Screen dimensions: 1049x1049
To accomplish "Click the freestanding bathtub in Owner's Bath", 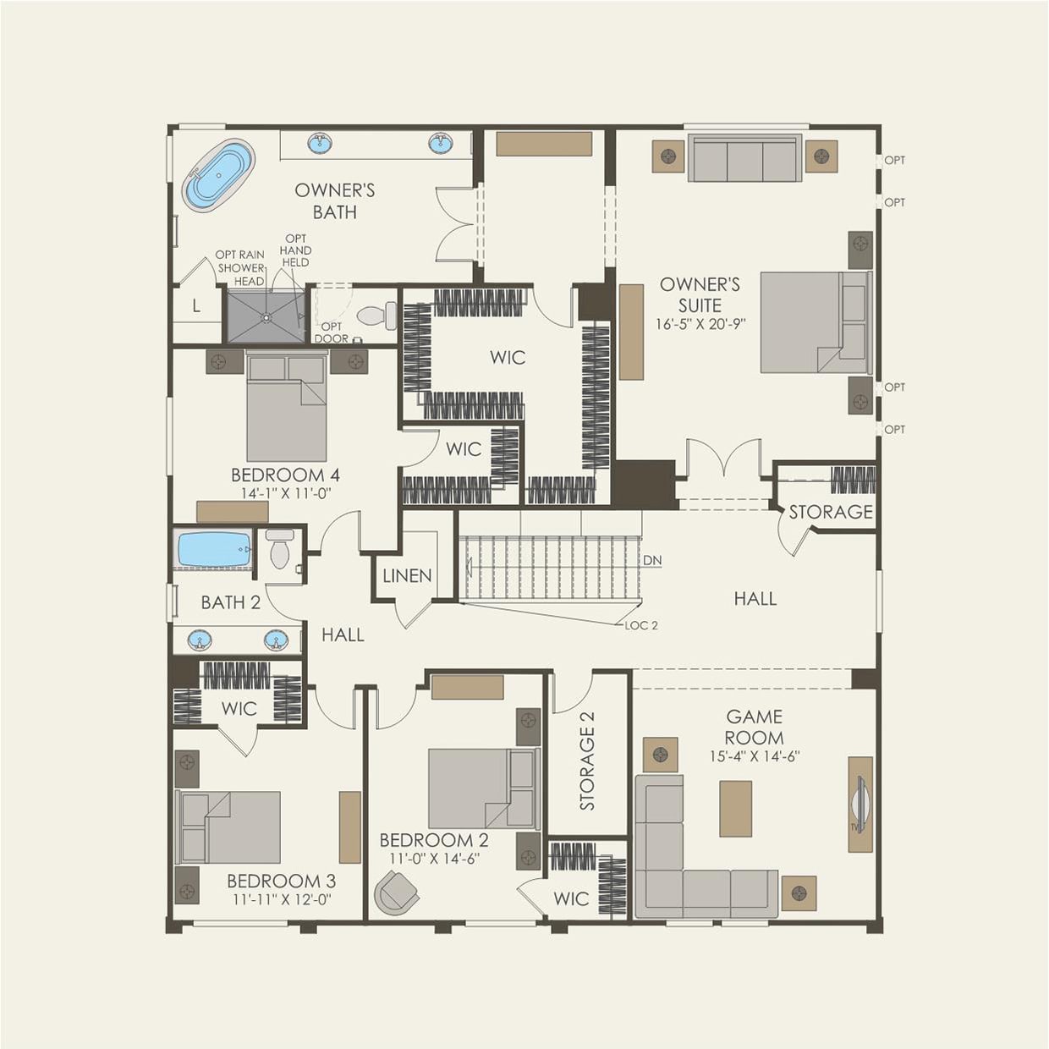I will tap(218, 176).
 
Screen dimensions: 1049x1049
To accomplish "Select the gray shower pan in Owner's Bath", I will tap(266, 316).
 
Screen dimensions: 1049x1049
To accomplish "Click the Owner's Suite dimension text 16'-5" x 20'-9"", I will tap(700, 324).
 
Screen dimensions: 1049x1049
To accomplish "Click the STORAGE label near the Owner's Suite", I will tap(830, 512).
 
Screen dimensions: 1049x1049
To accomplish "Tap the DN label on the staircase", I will tap(652, 561).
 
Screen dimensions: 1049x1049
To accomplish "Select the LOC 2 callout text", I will tap(641, 625).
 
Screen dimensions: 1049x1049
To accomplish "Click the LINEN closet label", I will tap(407, 576).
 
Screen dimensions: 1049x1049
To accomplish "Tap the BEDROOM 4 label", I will tap(285, 475).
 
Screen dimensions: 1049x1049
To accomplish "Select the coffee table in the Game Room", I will tap(735, 808).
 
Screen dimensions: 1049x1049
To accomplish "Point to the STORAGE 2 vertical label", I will tap(587, 761).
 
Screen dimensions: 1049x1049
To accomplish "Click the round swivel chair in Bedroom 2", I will tap(396, 893).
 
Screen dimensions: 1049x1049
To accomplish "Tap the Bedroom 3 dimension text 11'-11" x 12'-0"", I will tap(281, 900).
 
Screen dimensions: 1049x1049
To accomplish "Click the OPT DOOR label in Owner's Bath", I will tap(331, 332).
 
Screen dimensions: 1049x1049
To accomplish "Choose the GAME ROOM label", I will tap(754, 727).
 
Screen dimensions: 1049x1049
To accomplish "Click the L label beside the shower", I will tap(196, 306).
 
